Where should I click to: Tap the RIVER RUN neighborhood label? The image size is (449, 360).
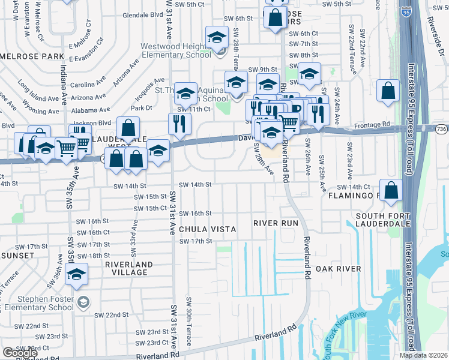coord(276,223)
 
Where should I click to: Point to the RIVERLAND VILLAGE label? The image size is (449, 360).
coord(126,268)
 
